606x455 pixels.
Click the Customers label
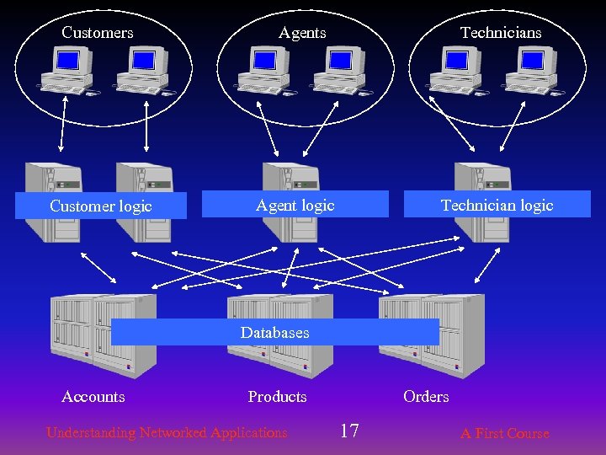98,33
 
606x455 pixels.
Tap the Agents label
302,33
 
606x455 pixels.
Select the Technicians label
501,33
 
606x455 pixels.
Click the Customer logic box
101,206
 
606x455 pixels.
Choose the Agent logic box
295,205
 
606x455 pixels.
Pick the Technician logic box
497,205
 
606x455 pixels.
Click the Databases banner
274,332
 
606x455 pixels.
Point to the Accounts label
93,397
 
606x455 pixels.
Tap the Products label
277,397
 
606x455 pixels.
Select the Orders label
426,397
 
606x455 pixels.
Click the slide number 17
349,431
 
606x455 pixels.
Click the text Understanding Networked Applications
167,433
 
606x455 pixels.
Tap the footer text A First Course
504,434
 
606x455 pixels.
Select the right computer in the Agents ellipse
341,69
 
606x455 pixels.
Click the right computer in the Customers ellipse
144,69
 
